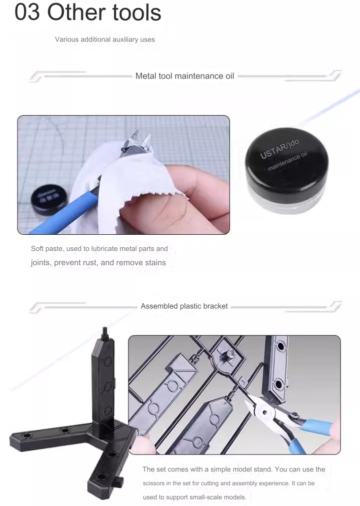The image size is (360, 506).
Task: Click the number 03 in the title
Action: point(27,12)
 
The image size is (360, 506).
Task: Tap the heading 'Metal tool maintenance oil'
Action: point(185,76)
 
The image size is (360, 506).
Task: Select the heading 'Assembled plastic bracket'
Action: point(184,306)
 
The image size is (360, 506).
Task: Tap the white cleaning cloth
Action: point(125,190)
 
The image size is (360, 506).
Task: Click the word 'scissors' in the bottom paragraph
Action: point(156,483)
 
